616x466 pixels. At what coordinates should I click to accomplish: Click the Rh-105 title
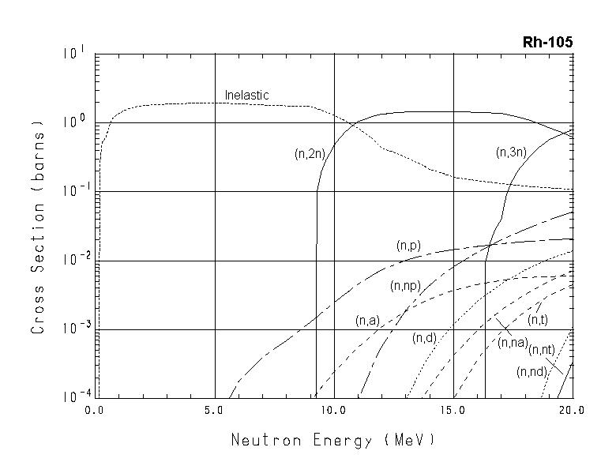pos(547,42)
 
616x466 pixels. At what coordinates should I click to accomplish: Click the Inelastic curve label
pos(246,96)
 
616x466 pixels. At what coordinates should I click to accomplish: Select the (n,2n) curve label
pos(310,155)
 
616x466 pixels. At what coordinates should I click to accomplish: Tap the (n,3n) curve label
pos(511,152)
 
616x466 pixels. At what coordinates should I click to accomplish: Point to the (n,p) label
pos(408,246)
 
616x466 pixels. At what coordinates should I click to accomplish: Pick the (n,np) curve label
pos(405,286)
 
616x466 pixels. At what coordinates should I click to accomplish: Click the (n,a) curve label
pos(367,320)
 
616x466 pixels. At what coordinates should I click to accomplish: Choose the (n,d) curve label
pos(424,338)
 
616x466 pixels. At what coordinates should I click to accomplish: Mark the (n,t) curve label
pos(538,320)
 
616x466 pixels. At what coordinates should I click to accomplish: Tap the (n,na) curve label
pos(512,342)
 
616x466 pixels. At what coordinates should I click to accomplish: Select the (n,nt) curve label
pos(541,349)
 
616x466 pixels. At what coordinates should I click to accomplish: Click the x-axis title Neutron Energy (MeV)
pos(332,439)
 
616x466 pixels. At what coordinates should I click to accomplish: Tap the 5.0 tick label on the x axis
pos(215,411)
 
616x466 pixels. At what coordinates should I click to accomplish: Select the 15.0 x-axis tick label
pos(453,411)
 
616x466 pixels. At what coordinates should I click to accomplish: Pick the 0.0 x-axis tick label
pos(96,411)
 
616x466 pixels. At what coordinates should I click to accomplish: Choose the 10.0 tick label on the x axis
pos(334,411)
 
